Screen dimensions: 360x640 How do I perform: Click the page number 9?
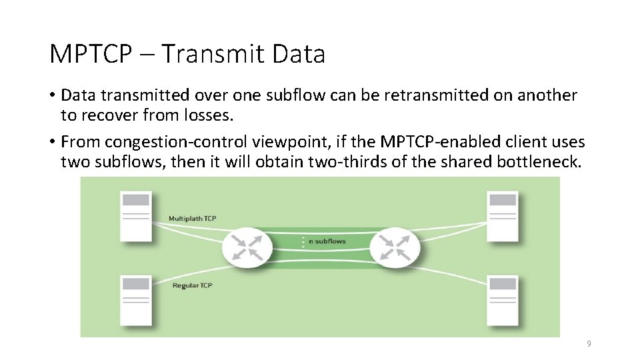tap(589, 344)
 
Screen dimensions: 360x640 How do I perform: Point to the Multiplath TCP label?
tap(192, 219)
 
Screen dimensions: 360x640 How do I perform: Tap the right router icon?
tap(398, 247)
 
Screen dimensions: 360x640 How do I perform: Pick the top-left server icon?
tap(136, 215)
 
